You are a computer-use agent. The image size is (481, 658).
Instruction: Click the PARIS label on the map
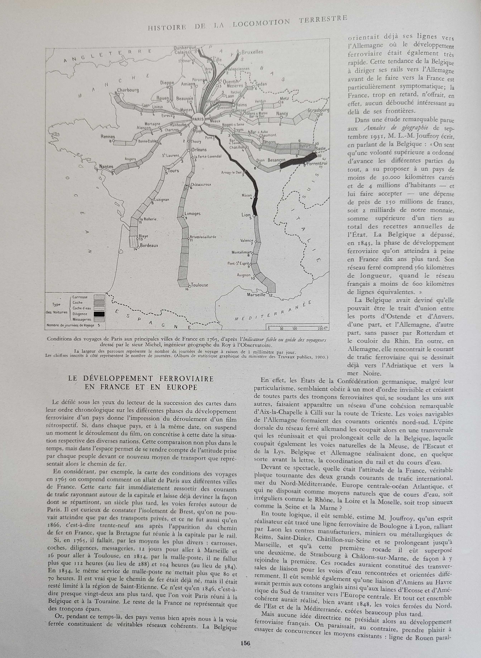(x=198, y=119)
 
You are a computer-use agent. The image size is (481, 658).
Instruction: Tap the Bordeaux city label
(x=149, y=245)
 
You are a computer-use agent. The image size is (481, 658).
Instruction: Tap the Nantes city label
(x=106, y=167)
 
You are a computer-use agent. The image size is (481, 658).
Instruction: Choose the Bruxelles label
(x=252, y=52)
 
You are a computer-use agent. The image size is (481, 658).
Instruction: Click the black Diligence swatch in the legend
(x=99, y=314)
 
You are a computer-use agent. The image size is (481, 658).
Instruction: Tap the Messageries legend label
(x=82, y=320)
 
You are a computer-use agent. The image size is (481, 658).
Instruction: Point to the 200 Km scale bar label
(x=321, y=329)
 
